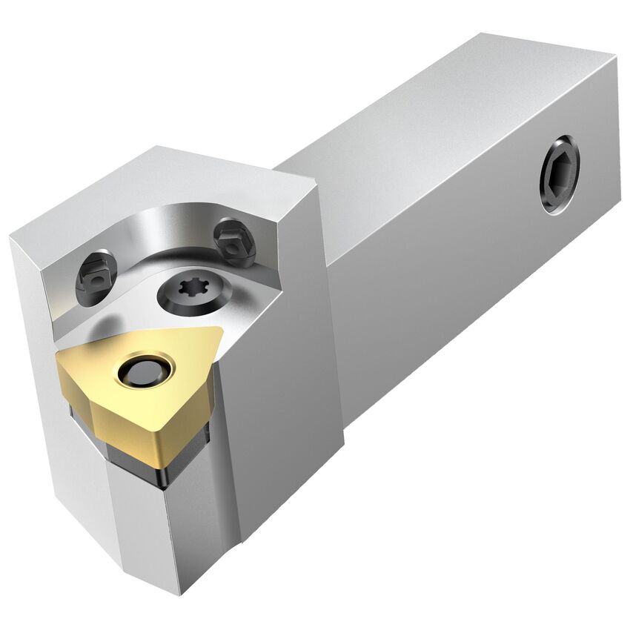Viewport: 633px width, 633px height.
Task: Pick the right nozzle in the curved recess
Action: point(234,242)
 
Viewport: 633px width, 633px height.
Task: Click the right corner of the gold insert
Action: point(219,333)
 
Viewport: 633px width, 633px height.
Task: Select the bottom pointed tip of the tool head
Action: point(178,586)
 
